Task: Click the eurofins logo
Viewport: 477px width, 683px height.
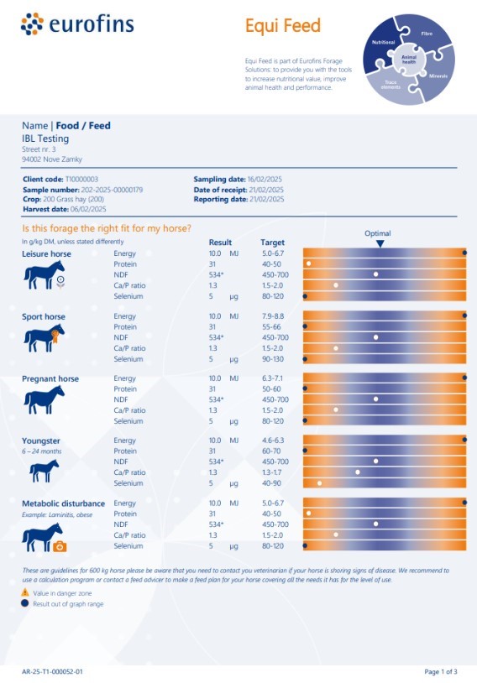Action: [77, 24]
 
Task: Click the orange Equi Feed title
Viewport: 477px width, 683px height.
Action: [282, 26]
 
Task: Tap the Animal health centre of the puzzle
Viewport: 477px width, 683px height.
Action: [408, 60]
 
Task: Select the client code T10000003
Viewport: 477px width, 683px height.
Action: [81, 180]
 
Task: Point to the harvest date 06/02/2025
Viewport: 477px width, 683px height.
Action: [86, 209]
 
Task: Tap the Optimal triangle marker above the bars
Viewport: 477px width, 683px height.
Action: [380, 243]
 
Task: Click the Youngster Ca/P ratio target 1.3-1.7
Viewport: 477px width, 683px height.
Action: [274, 472]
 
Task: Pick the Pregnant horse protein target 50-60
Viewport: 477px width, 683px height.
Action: [272, 389]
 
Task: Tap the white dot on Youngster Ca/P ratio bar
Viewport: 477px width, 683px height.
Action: [358, 472]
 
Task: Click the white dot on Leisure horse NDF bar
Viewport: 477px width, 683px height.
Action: [376, 274]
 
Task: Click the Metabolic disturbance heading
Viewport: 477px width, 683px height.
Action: [63, 503]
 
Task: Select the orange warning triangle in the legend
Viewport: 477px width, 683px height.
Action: [25, 592]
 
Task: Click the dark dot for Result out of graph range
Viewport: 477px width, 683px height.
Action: [25, 603]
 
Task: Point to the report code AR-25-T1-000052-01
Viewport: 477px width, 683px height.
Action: [52, 672]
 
